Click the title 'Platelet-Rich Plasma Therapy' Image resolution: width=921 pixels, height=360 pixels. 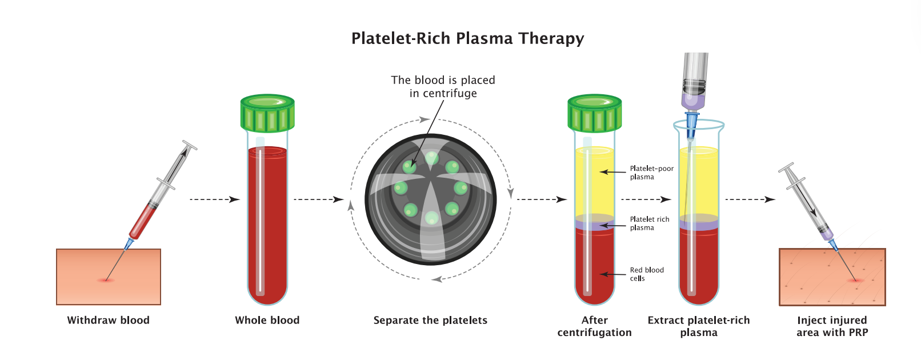467,38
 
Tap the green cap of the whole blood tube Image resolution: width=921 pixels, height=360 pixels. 267,113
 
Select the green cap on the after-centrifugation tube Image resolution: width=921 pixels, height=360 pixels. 594,113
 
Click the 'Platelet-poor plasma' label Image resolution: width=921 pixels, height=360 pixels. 651,173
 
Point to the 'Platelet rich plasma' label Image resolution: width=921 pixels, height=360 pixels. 650,223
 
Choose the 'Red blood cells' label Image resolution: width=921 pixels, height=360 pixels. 647,274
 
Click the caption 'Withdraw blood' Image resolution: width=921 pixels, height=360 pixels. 108,320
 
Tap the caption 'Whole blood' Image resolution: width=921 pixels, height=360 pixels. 267,320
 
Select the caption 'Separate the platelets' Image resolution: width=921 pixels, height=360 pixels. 430,320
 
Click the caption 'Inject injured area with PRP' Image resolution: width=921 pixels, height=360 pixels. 832,326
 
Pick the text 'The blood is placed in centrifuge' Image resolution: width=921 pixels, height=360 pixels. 443,87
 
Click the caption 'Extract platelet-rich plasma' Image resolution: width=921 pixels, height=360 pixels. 698,326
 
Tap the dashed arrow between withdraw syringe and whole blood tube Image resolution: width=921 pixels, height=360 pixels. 214,199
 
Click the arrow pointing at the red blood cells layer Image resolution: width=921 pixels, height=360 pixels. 612,275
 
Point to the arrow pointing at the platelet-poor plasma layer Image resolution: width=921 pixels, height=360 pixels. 612,172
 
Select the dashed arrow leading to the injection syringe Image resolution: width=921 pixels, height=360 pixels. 750,199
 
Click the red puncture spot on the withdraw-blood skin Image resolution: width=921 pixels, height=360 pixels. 106,280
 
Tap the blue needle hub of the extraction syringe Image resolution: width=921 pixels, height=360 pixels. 692,123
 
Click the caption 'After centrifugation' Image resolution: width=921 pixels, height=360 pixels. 594,326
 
